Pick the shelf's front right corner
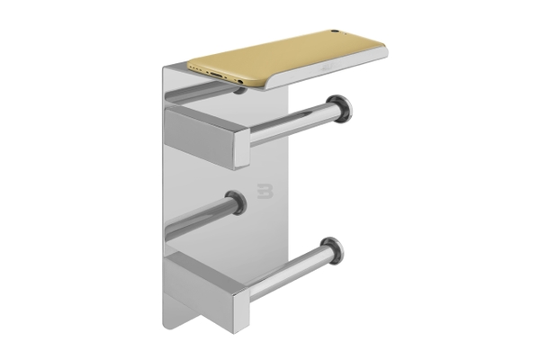click(385, 57)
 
